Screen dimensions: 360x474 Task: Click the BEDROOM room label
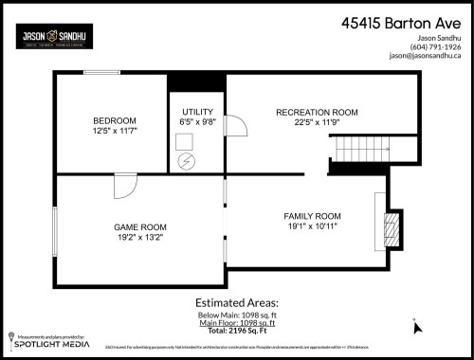point(116,120)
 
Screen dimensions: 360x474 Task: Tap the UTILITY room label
point(197,112)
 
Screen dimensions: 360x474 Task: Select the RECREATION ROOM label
point(317,113)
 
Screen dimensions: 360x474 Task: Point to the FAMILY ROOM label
point(312,216)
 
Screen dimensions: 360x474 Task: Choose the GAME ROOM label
point(140,227)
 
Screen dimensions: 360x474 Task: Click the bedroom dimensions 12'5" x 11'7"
point(116,131)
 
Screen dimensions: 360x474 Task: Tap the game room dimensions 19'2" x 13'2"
point(140,238)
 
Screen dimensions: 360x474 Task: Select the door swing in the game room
point(124,188)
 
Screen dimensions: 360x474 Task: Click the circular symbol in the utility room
point(187,161)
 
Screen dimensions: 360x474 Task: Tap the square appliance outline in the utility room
point(187,140)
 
